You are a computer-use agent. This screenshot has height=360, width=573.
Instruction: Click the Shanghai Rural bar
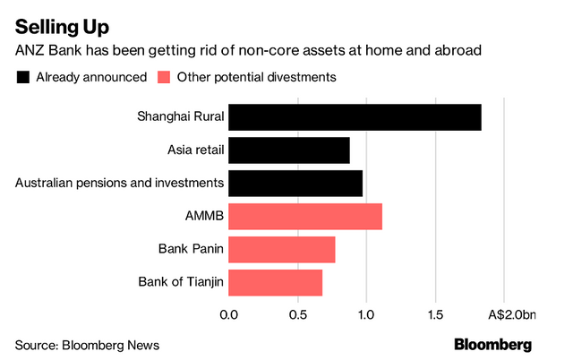click(355, 117)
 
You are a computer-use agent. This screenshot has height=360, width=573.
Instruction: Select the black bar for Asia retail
click(289, 150)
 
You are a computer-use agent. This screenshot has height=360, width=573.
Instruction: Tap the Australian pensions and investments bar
click(295, 184)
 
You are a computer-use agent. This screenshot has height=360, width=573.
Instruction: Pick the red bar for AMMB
click(305, 217)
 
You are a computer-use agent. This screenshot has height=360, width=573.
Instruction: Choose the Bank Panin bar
click(282, 250)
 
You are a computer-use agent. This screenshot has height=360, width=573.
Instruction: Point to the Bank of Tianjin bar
click(275, 283)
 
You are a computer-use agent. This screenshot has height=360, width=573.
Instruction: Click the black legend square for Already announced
click(22, 77)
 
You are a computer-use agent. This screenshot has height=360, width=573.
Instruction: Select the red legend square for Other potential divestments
click(165, 77)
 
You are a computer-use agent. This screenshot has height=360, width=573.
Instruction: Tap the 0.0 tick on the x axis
click(228, 314)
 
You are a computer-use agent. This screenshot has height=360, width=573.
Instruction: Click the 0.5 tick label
click(297, 314)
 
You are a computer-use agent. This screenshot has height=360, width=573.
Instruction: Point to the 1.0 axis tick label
click(366, 314)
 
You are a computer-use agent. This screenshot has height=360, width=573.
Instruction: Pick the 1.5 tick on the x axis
click(435, 314)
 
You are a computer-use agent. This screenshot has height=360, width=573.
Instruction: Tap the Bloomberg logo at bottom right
click(492, 344)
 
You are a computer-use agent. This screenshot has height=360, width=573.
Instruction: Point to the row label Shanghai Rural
click(180, 117)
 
